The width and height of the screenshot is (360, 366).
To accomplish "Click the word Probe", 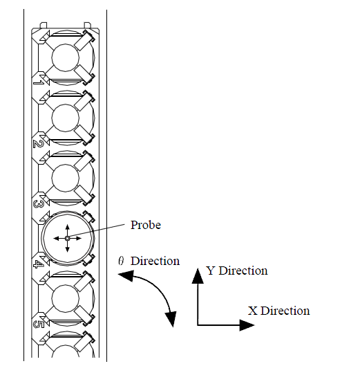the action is click(146, 225).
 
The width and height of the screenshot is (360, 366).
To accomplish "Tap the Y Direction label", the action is click(237, 271).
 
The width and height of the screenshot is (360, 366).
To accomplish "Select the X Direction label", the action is click(278, 311).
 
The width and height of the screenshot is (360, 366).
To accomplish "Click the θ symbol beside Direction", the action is click(121, 261).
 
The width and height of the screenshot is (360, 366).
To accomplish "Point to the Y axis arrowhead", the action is click(198, 276).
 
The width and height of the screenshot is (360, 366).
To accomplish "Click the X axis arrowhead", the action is click(247, 325).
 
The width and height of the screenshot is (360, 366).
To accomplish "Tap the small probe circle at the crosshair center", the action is click(68, 238).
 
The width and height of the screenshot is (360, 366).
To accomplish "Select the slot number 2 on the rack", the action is click(38, 143).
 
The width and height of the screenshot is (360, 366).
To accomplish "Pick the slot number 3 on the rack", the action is click(38, 204).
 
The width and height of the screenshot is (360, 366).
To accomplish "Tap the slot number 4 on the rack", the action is click(38, 264).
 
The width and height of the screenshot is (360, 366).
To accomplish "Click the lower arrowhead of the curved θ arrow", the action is click(171, 319).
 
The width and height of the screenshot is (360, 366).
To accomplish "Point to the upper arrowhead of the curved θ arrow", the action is click(126, 275).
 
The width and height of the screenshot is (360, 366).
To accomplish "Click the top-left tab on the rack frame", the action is click(44, 25).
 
